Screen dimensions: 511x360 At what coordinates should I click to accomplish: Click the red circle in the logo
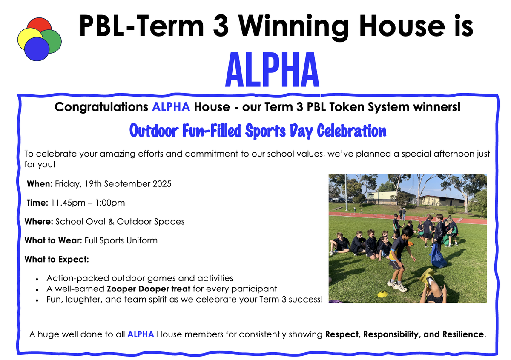(39, 24)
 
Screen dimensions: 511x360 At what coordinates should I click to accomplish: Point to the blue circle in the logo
(37, 49)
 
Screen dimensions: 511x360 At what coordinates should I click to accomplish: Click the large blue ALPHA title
(272, 70)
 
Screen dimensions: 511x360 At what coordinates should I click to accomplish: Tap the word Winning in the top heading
(293, 26)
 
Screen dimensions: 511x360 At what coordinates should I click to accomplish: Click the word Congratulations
(101, 107)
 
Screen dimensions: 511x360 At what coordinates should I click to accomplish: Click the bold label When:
(40, 184)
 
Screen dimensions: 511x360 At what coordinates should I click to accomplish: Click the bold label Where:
(39, 221)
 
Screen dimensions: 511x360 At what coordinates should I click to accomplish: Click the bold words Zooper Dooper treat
(149, 289)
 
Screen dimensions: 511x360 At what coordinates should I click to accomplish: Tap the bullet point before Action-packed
(37, 279)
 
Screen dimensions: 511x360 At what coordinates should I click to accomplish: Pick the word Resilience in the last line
(463, 334)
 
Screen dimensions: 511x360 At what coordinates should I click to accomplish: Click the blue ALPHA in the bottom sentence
(141, 334)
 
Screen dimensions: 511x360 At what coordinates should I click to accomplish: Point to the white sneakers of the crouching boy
(397, 286)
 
